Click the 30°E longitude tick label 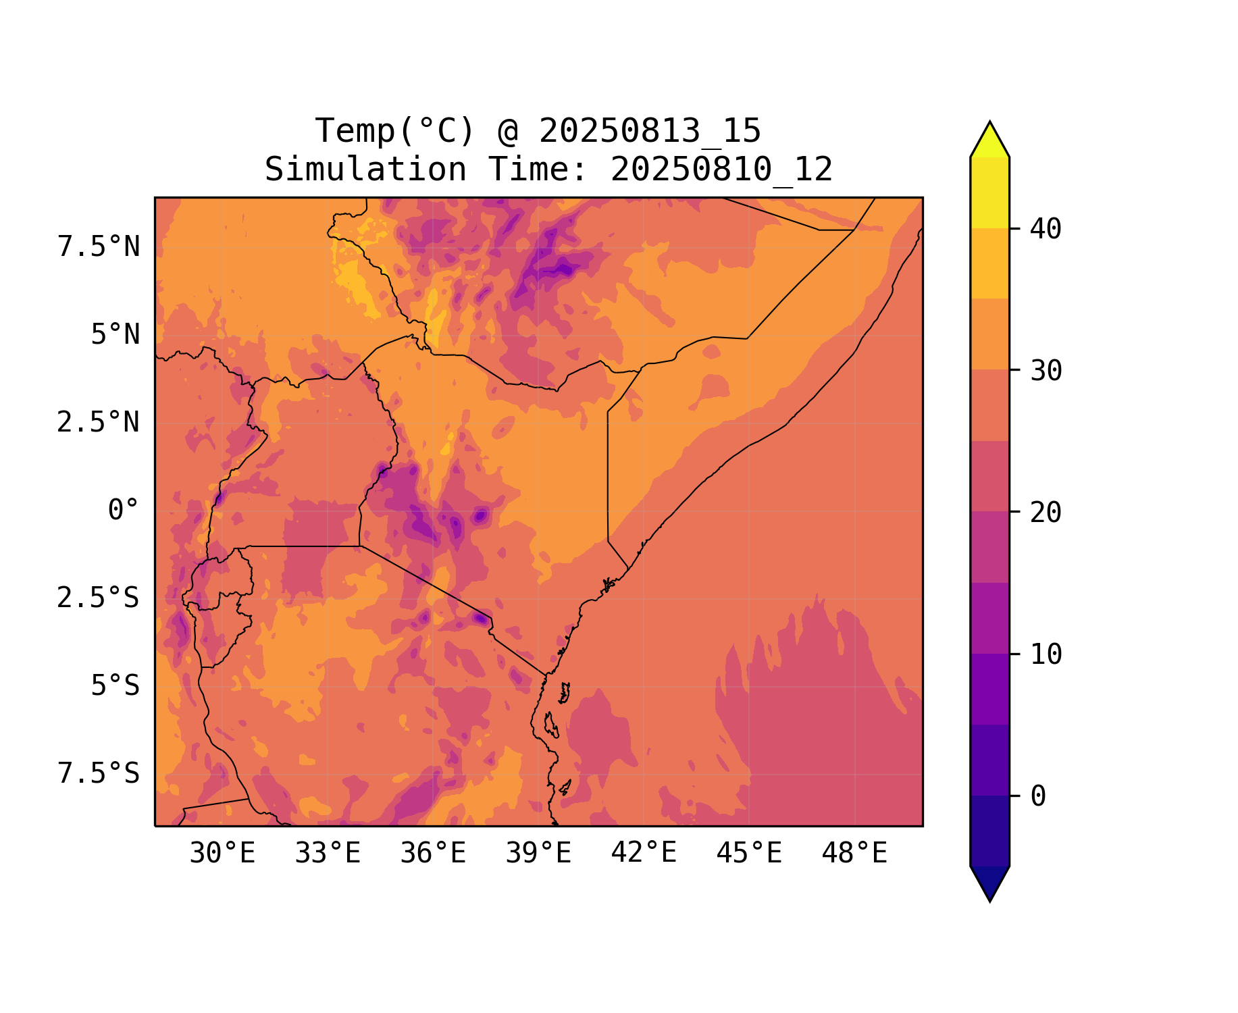[222, 854]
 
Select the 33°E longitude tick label [328, 854]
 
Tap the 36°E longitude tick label [433, 854]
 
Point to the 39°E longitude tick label [538, 854]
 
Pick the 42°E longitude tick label [644, 853]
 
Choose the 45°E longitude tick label [749, 854]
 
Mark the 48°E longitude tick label [854, 854]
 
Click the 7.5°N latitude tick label [99, 247]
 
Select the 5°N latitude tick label [115, 335]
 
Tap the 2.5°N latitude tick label [99, 423]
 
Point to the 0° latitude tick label [124, 511]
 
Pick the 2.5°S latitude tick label [99, 598]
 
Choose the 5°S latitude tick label [115, 686]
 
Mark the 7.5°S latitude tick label [99, 774]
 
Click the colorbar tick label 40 [1046, 230]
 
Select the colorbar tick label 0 [1038, 797]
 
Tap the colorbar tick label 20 [1046, 513]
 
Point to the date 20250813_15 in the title [650, 131]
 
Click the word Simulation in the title [365, 170]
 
